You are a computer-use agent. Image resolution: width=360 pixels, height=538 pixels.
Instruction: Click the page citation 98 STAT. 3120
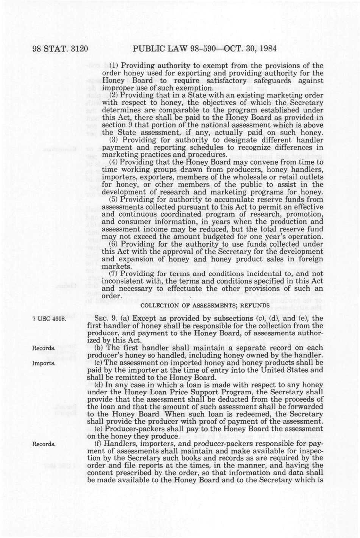61,49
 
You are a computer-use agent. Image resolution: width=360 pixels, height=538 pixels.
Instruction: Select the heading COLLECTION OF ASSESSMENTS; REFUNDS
205,306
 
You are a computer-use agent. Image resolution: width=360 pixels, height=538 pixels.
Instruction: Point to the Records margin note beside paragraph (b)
44,348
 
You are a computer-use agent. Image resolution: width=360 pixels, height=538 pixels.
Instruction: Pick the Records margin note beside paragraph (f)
44,444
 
